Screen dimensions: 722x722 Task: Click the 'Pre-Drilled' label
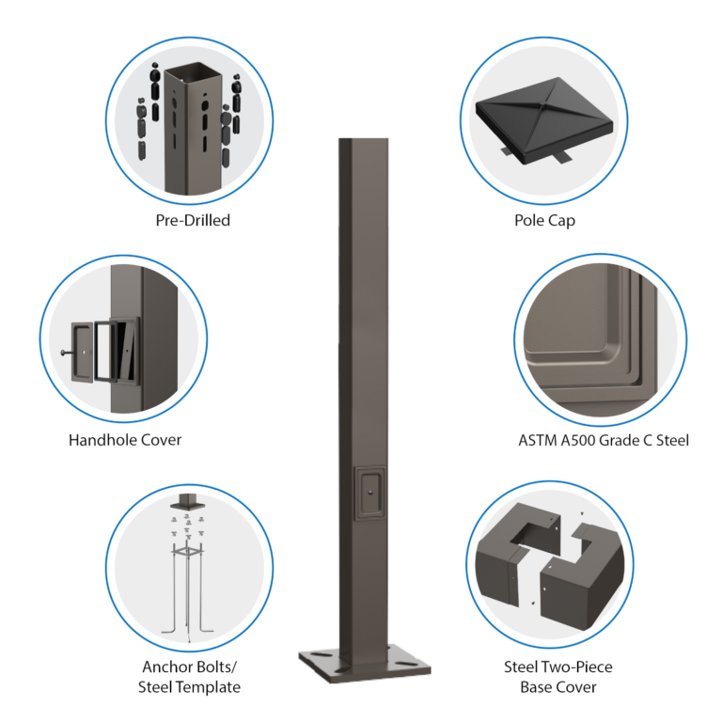[193, 220]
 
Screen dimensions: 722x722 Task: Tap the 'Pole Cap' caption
[544, 221]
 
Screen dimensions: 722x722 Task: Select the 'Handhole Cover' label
[125, 440]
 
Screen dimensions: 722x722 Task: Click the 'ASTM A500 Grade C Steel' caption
[604, 440]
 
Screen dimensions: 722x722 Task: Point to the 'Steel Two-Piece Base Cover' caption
[558, 677]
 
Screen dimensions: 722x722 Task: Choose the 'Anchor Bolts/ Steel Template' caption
[189, 677]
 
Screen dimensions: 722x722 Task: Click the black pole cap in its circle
[544, 118]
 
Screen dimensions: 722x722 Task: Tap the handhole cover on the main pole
[369, 494]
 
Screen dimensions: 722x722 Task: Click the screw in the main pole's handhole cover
[370, 493]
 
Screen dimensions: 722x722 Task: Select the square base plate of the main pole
[365, 663]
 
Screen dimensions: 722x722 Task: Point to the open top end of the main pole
[363, 138]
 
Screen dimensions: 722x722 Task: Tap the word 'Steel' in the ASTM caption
[672, 440]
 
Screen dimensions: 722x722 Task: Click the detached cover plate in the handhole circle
[83, 353]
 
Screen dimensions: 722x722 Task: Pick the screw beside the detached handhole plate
[66, 353]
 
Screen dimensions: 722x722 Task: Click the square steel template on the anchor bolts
[187, 551]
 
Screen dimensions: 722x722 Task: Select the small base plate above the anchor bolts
[187, 505]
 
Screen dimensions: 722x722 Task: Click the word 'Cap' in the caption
[561, 221]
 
